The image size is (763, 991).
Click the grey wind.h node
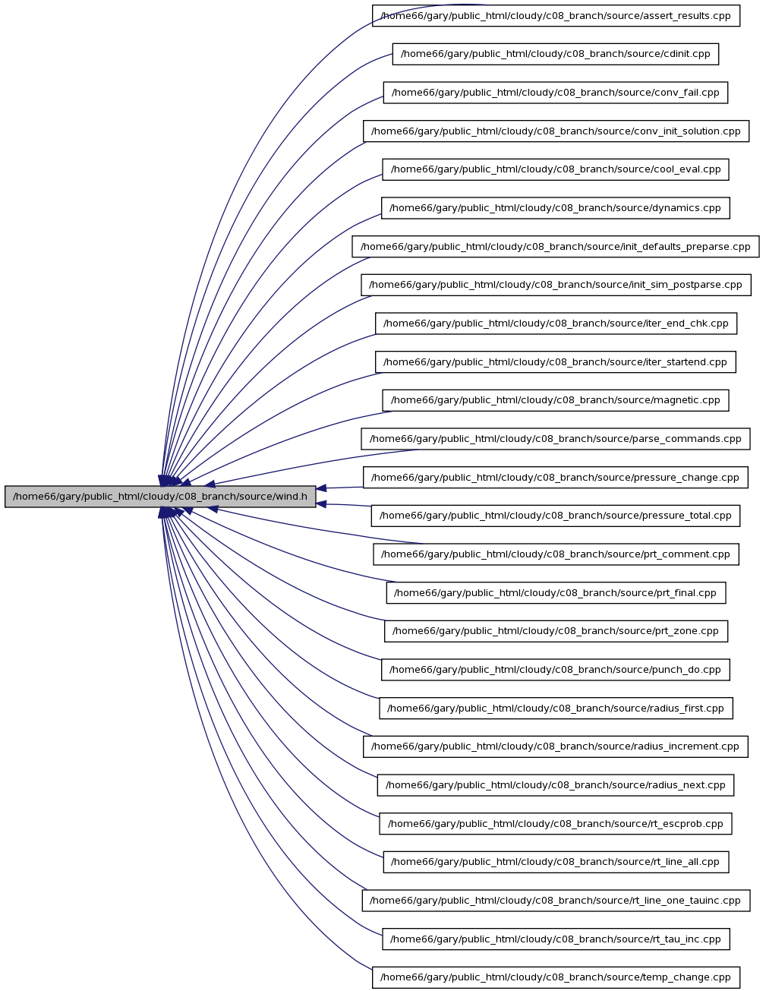(160, 497)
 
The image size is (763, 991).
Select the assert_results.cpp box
(556, 15)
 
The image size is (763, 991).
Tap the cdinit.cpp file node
(555, 54)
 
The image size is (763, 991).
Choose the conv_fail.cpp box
(555, 93)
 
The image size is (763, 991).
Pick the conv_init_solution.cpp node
(556, 131)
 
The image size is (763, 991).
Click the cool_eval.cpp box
(555, 169)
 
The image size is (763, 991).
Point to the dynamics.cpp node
(555, 208)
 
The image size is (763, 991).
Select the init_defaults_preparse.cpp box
(555, 246)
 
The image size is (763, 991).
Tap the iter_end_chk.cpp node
(556, 323)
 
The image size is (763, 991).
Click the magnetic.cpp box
(555, 400)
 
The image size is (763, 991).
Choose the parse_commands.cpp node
(555, 439)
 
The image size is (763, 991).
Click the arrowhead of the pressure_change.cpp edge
(321, 488)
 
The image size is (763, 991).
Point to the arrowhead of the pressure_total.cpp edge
(321, 504)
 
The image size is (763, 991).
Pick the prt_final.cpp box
(556, 592)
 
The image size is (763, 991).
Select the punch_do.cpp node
(555, 670)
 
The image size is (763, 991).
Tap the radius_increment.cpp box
(555, 746)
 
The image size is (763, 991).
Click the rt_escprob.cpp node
(555, 824)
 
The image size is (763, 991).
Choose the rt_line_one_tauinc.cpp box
(556, 900)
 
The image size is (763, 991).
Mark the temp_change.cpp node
(556, 977)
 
